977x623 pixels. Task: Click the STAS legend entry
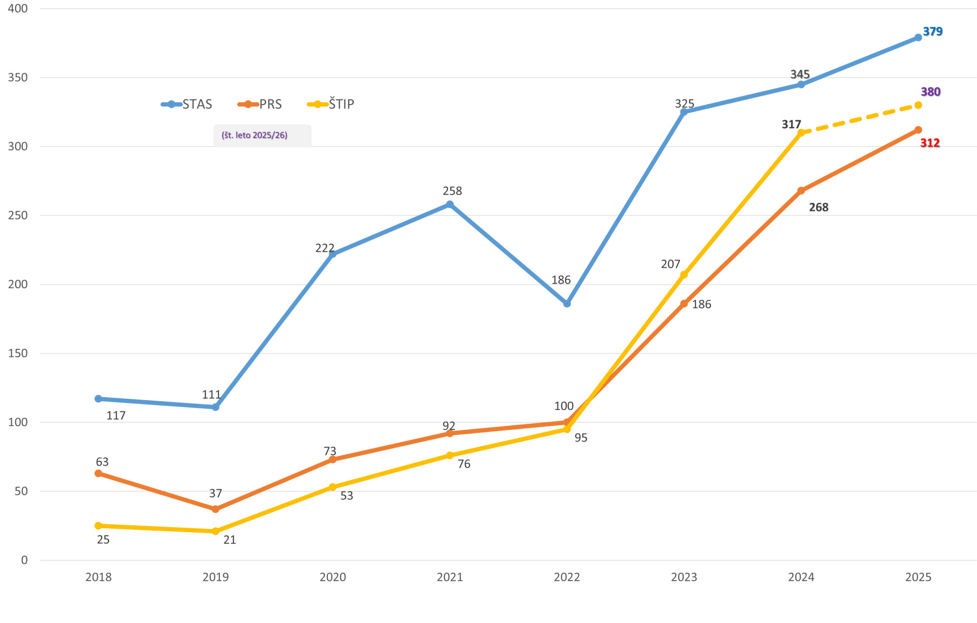[187, 104]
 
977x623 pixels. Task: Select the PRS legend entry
[260, 104]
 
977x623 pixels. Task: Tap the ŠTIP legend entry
[331, 104]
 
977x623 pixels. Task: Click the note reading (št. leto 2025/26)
[255, 135]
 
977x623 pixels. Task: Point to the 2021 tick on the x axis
[449, 577]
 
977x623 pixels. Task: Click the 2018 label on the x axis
[98, 577]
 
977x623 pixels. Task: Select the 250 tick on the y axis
[18, 215]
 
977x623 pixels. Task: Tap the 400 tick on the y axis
[18, 8]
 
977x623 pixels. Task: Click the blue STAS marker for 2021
[449, 204]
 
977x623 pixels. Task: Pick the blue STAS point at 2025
[918, 38]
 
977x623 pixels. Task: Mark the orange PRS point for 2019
[215, 509]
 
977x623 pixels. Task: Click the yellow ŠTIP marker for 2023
[684, 275]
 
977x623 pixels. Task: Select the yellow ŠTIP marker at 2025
[918, 105]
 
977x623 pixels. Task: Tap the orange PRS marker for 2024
[801, 191]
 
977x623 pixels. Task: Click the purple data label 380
[930, 92]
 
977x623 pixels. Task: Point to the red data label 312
[930, 143]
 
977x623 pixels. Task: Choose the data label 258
[452, 191]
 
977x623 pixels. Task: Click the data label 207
[670, 264]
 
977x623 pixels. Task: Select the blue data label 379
[932, 32]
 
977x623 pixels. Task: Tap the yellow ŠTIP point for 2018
[98, 526]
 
